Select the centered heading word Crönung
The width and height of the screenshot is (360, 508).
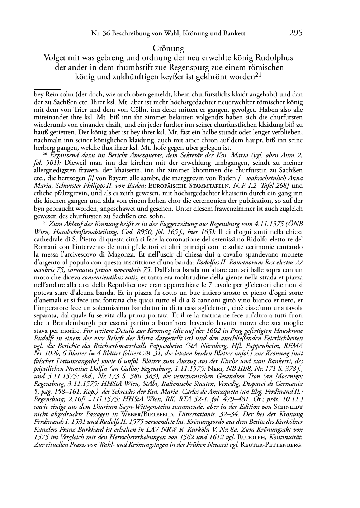pyautogui.click(x=168, y=48)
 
